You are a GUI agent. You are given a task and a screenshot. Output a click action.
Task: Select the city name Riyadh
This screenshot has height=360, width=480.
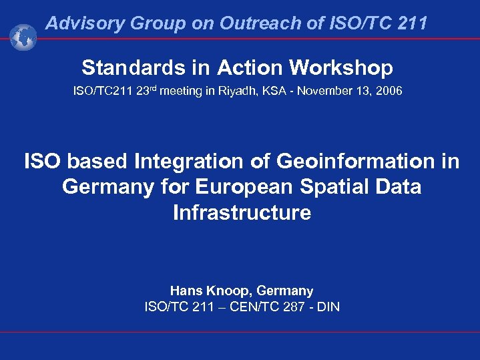[x=235, y=91]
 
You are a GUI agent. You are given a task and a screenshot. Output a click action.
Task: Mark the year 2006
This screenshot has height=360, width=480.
[x=389, y=90]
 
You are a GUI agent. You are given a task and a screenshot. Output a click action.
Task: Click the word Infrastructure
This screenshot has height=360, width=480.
[x=242, y=212]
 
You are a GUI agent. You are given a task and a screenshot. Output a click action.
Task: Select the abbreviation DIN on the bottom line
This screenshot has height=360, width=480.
[x=326, y=307]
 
